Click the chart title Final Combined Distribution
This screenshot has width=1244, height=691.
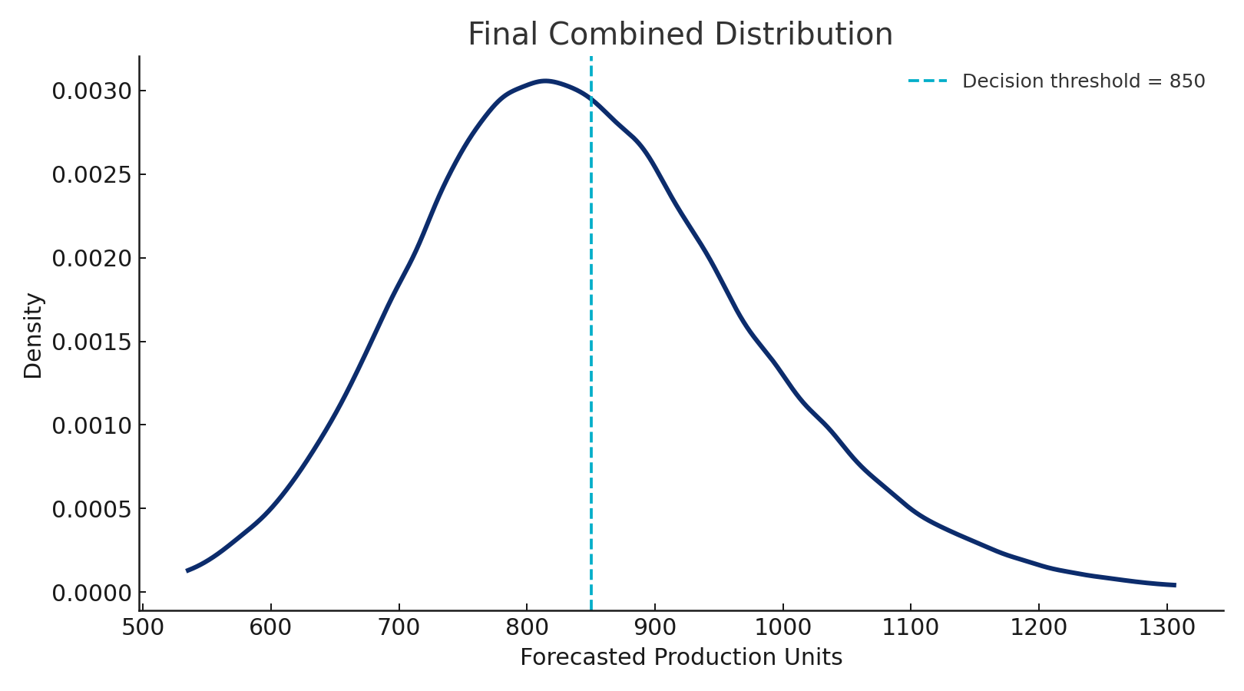pos(680,35)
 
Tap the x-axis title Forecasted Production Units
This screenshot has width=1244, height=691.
pos(680,658)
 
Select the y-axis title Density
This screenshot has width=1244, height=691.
pos(33,336)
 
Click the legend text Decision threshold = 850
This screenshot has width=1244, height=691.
pos(1083,81)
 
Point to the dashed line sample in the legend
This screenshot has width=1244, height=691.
pos(927,81)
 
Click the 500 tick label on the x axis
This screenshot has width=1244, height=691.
pos(144,628)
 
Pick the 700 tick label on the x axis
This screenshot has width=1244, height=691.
pos(399,628)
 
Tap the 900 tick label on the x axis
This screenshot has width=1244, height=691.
pos(655,628)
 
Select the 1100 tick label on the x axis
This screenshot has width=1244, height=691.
pos(911,628)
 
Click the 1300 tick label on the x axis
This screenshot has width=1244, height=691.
pos(1166,628)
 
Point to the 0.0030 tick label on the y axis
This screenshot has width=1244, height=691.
pos(91,91)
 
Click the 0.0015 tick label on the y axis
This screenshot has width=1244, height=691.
pos(91,342)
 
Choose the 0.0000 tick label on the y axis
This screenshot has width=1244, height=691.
pos(91,593)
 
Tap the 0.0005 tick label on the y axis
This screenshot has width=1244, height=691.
pos(91,509)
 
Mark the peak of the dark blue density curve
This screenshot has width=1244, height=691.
pos(544,81)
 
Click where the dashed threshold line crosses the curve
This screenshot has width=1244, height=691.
pos(591,98)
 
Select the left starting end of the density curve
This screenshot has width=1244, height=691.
pos(187,570)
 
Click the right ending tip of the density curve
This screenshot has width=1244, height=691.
pos(1175,585)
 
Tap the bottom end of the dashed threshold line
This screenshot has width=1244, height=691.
pos(591,610)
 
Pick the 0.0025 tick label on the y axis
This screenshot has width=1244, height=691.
pos(91,175)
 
